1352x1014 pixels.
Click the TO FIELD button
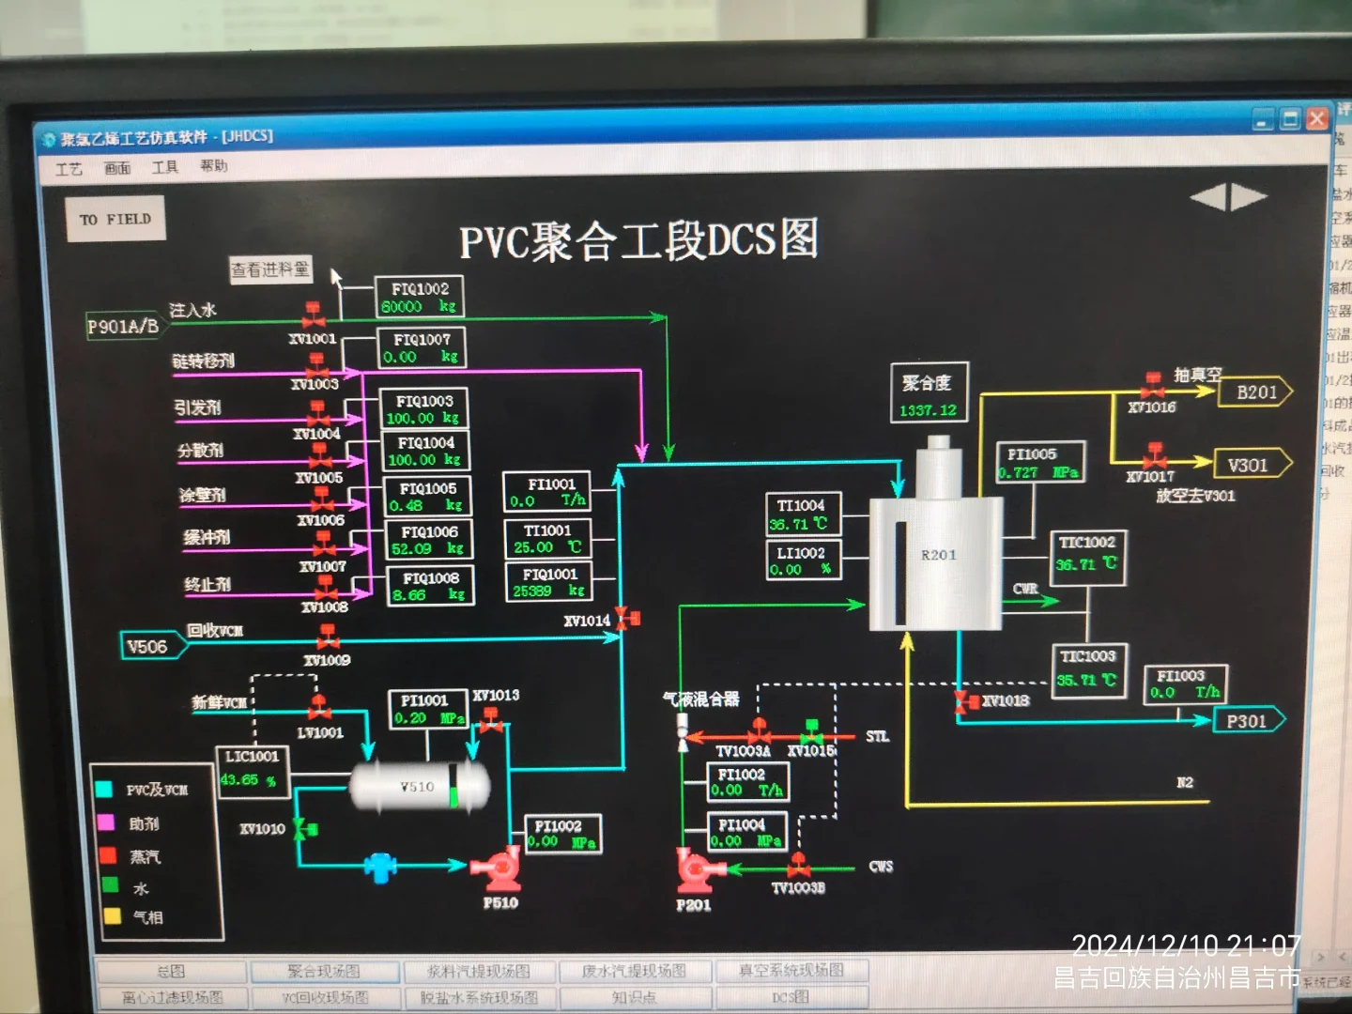[115, 219]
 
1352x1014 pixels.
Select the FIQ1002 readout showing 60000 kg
[420, 298]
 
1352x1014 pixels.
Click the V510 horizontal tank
[419, 786]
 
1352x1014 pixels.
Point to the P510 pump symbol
[499, 868]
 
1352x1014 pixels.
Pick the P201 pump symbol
[695, 870]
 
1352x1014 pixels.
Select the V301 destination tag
[1249, 465]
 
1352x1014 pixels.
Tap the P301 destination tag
[1248, 721]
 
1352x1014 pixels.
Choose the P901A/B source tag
[123, 327]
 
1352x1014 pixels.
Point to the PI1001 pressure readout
[427, 710]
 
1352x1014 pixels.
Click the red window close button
[1317, 119]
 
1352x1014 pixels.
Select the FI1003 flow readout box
[1184, 684]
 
